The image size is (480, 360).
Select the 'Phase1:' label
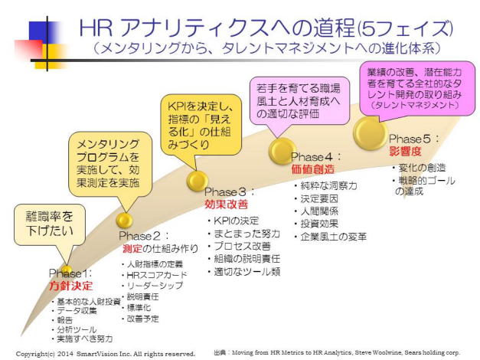[x=71, y=273]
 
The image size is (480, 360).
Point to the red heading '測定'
[x=133, y=248]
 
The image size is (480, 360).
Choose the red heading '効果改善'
[x=225, y=205]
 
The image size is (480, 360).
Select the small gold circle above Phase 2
[x=124, y=221]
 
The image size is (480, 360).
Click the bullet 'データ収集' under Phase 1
[x=78, y=310]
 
